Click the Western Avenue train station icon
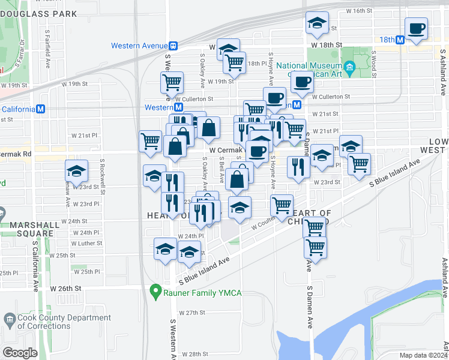(173, 46)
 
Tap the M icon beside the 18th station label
(399, 40)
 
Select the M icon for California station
(41, 109)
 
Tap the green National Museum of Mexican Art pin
(347, 70)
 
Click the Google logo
(20, 353)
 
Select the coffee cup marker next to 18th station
(416, 28)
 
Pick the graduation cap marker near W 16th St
(317, 24)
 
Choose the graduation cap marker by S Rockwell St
(77, 172)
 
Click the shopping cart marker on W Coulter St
(282, 206)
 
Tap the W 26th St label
(65, 289)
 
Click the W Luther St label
(86, 244)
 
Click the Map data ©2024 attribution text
(421, 355)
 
